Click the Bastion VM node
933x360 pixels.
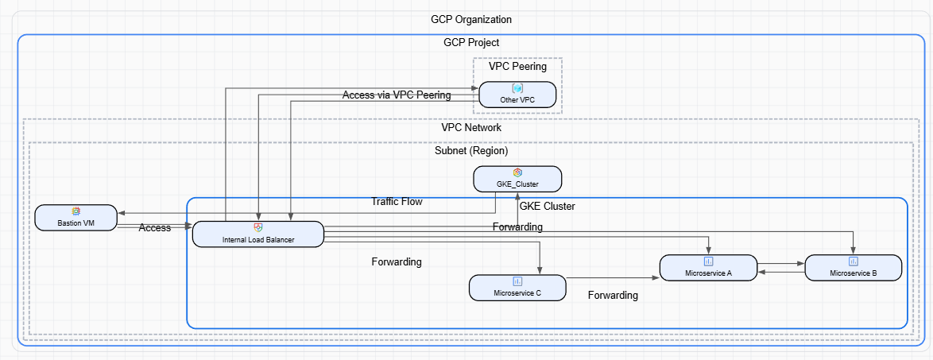(76, 217)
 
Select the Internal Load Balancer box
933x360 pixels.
(258, 234)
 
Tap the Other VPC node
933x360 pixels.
(517, 94)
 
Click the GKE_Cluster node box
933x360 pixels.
(517, 179)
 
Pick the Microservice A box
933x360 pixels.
(708, 267)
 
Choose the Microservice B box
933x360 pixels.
(853, 267)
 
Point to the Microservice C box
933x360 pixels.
(517, 288)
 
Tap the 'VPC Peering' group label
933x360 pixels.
(517, 67)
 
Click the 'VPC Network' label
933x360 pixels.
(470, 127)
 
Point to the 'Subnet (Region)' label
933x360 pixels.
(470, 150)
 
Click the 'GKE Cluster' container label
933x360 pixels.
(547, 206)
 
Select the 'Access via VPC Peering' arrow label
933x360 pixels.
(397, 95)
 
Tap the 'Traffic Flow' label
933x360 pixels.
(397, 202)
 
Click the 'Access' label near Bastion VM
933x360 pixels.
(154, 227)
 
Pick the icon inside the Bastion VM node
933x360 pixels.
(76, 211)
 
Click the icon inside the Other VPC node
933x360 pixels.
(517, 88)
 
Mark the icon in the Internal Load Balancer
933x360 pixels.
(258, 228)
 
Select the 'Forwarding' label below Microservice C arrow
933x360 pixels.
(613, 296)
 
